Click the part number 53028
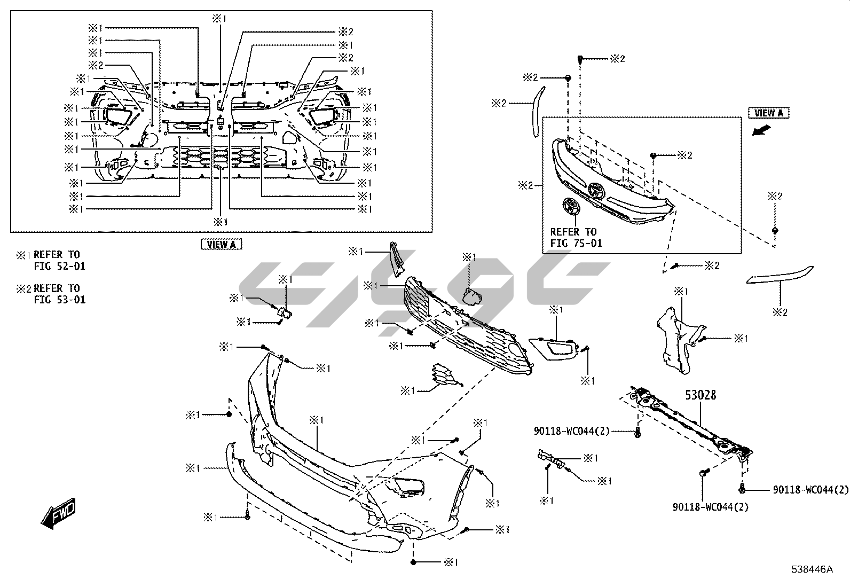click(x=701, y=396)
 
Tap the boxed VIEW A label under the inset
click(x=221, y=244)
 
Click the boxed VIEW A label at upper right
click(x=769, y=113)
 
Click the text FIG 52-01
click(x=60, y=266)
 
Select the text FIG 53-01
click(x=60, y=300)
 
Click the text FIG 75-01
click(x=576, y=243)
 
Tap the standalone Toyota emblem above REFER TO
click(x=572, y=206)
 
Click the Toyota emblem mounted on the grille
click(x=596, y=191)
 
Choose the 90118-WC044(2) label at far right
click(x=810, y=489)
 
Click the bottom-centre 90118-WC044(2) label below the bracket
click(x=711, y=506)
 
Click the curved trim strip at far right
click(x=780, y=274)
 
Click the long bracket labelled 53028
click(x=689, y=422)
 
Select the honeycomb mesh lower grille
click(x=465, y=326)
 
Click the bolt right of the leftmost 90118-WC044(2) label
click(x=637, y=433)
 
